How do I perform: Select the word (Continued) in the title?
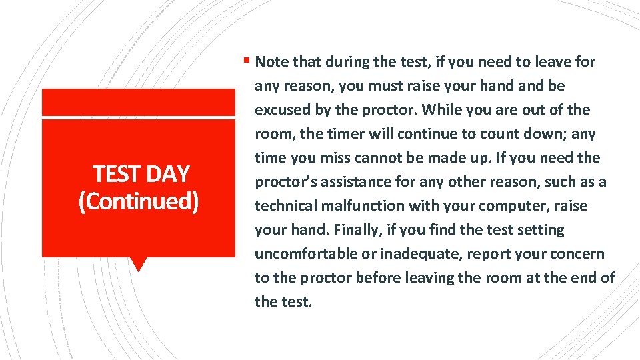coord(138,201)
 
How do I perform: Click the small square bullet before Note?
coord(247,61)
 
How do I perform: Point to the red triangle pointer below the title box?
coord(139,264)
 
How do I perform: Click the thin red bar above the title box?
coord(139,101)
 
